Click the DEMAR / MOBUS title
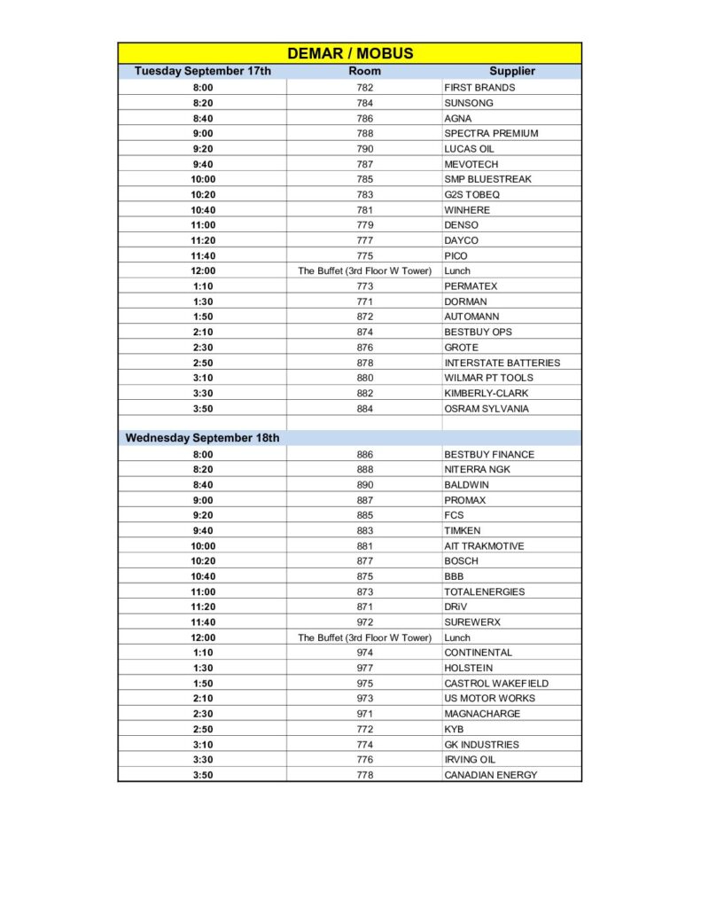click(350, 53)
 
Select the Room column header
click(364, 71)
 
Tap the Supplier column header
click(511, 71)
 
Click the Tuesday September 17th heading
click(202, 71)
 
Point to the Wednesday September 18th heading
click(202, 438)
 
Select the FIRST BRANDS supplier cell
click(479, 88)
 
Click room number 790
click(364, 149)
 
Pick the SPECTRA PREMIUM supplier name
click(491, 133)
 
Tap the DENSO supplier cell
click(461, 225)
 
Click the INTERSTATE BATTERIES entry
click(502, 363)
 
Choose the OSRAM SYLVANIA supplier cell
click(488, 409)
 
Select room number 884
click(364, 409)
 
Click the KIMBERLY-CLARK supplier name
click(487, 393)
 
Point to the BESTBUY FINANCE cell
click(489, 454)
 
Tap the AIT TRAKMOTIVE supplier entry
click(484, 546)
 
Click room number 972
click(364, 622)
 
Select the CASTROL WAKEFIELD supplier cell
click(496, 684)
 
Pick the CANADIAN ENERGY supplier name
click(490, 775)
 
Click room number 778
click(364, 775)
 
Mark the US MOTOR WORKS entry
click(489, 699)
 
